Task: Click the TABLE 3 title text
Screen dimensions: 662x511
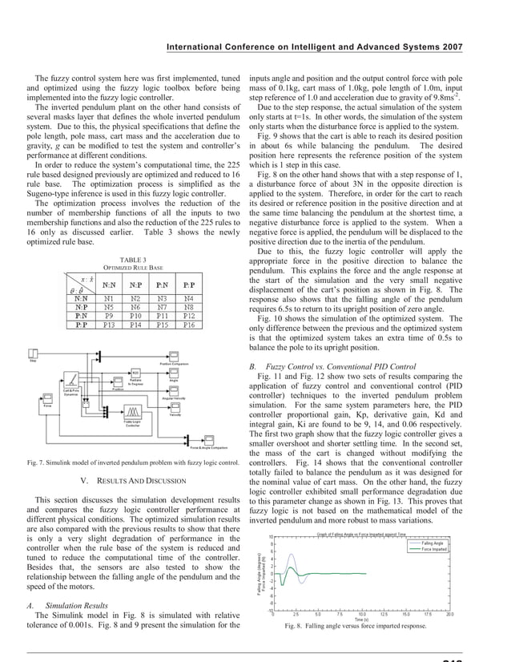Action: (133, 258)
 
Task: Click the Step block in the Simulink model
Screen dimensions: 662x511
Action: (34, 354)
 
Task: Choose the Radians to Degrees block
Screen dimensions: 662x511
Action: (135, 373)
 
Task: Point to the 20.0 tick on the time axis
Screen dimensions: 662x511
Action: (449, 614)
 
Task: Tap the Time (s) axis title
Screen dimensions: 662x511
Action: (361, 620)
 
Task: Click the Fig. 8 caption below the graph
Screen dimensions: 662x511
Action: (361, 627)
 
